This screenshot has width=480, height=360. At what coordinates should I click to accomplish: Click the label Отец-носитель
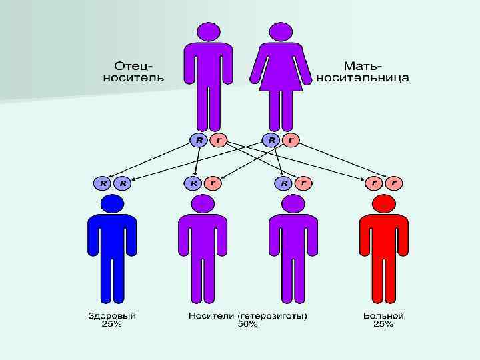click(x=133, y=71)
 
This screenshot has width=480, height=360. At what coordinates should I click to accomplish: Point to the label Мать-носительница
click(x=363, y=71)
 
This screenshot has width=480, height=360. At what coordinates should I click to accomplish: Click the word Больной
click(x=383, y=315)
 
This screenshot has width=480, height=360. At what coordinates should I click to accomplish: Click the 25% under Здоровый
click(x=112, y=325)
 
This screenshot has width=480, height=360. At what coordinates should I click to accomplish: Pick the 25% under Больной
click(x=383, y=325)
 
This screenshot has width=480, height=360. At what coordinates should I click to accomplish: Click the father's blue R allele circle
click(x=199, y=140)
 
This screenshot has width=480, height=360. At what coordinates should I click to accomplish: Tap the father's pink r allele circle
click(x=218, y=140)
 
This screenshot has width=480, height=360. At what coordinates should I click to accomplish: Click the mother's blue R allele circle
click(x=271, y=140)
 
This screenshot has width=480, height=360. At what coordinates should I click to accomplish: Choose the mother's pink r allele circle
click(x=291, y=140)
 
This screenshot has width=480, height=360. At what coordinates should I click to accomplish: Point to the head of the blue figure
click(x=112, y=202)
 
